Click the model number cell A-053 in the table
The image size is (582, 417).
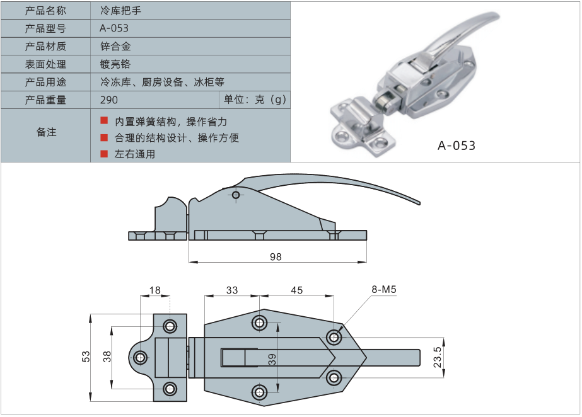point(114,28)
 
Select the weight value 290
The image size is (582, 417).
point(109,100)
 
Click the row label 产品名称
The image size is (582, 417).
point(45,10)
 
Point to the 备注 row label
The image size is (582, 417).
point(46,132)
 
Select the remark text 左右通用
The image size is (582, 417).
point(135,154)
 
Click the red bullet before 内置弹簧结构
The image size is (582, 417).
point(104,120)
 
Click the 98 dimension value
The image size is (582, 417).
point(275,257)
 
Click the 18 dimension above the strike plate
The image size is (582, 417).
point(155,290)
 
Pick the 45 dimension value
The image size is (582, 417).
point(296,290)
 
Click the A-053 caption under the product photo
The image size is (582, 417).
point(457,146)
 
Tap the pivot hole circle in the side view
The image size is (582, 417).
point(236,195)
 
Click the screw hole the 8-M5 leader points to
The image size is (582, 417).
point(334,337)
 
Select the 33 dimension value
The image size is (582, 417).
point(232,290)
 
